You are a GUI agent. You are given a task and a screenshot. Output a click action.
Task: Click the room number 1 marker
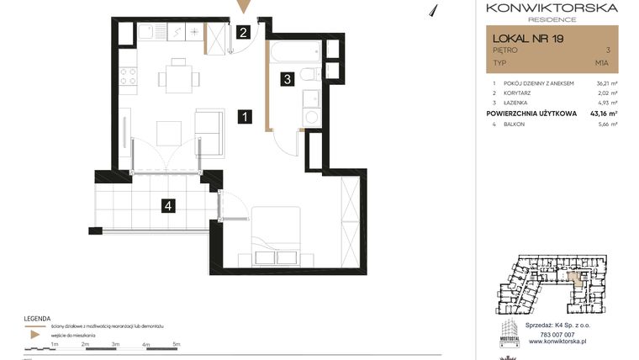point(243,118)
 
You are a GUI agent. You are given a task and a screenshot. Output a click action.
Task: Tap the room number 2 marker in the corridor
point(242,34)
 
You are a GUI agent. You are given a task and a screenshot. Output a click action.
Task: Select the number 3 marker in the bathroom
point(287,80)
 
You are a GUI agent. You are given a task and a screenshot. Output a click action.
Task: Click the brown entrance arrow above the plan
point(243,8)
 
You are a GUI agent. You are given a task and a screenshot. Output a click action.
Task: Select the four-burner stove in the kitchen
point(129,78)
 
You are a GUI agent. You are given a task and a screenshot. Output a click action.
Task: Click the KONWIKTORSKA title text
point(552,8)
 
